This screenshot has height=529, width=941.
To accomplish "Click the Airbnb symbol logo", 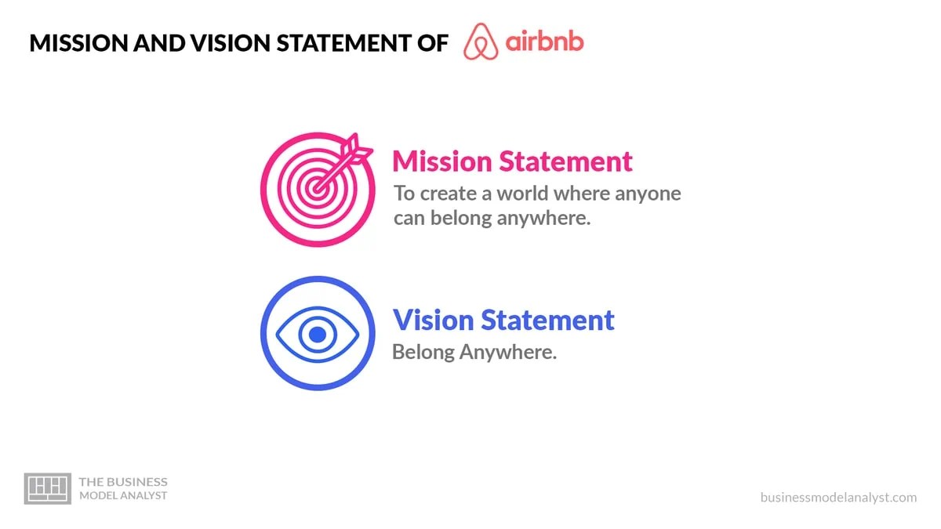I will [x=481, y=42].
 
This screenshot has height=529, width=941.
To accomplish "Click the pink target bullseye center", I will [x=316, y=188].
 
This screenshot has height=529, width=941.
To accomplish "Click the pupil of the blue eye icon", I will [x=317, y=335].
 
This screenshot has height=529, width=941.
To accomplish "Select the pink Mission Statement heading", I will [x=512, y=161].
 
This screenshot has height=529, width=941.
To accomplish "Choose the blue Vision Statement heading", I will [x=503, y=321].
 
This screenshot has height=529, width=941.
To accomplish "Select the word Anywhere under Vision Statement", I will [x=507, y=353].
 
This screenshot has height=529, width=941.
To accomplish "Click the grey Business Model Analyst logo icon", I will [x=48, y=488].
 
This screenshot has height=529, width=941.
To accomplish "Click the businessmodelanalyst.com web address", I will [x=838, y=498].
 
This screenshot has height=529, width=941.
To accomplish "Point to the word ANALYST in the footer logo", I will [x=144, y=495].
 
